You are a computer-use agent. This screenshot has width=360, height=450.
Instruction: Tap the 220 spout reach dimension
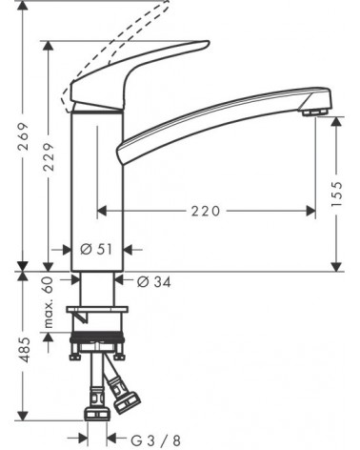click(x=209, y=211)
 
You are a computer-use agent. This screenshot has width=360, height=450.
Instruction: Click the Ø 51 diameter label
click(x=96, y=249)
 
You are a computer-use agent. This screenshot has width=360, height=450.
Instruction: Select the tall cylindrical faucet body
click(x=95, y=181)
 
